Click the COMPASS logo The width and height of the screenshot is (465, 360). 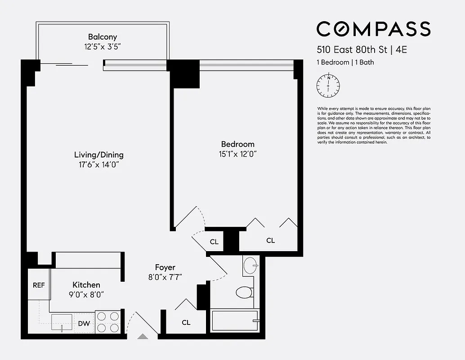[x=373, y=29]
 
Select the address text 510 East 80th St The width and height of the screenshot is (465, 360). [x=352, y=50]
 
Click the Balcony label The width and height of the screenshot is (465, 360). [x=103, y=37]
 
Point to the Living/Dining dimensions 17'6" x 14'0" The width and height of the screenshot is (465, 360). [x=98, y=165]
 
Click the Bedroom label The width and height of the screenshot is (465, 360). [x=237, y=144]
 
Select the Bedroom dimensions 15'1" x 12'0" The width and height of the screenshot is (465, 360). [x=237, y=154]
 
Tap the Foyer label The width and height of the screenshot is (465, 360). [x=165, y=267]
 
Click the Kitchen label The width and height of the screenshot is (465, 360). [x=86, y=285]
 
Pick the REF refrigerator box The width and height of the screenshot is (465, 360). [x=39, y=285]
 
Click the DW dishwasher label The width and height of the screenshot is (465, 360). [x=84, y=323]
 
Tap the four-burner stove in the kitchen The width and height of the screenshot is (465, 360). [x=108, y=322]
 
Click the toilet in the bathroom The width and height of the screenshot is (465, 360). [x=244, y=292]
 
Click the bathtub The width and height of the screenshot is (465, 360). [x=234, y=321]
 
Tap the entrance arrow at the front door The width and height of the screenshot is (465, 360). [x=143, y=336]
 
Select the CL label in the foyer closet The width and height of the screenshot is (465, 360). [x=186, y=323]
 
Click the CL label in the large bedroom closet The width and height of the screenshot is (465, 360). [x=270, y=241]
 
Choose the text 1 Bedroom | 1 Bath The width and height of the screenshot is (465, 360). [x=345, y=63]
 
